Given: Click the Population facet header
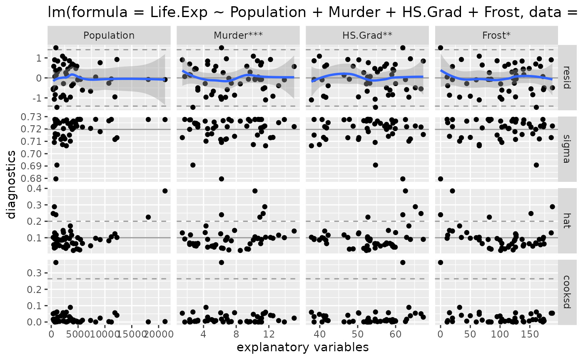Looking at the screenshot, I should (109, 36).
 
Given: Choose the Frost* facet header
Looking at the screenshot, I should (496, 36).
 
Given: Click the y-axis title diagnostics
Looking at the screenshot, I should (12, 184).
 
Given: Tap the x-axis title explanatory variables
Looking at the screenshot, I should (303, 348).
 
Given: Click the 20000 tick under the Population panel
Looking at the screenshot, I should (158, 335).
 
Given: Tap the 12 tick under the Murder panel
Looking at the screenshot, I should (269, 335).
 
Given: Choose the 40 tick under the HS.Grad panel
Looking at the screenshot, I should (320, 335).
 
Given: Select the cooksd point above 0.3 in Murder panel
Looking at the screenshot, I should (222, 263).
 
